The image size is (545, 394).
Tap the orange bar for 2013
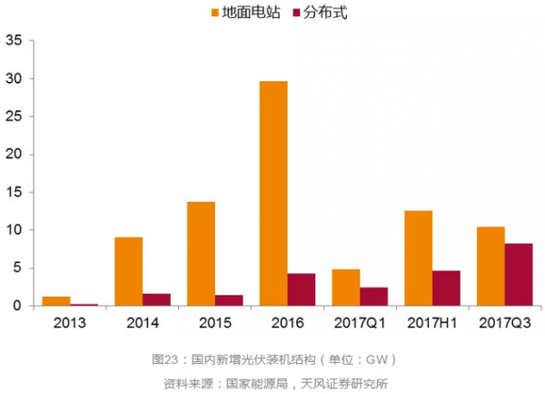click(56, 301)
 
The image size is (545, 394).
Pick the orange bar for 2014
click(128, 271)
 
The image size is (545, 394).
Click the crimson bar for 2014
click(156, 299)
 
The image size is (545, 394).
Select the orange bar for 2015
click(201, 253)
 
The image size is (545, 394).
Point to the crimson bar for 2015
click(229, 300)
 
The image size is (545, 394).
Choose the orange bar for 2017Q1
click(346, 288)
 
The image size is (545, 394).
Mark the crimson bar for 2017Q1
click(374, 297)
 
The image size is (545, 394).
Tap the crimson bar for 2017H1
click(447, 288)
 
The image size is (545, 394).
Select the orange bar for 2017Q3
click(490, 266)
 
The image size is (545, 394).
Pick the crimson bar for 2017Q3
click(519, 274)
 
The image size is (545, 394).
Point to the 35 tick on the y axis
click(14, 40)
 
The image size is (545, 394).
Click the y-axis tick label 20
click(14, 154)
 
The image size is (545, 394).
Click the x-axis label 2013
click(70, 324)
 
